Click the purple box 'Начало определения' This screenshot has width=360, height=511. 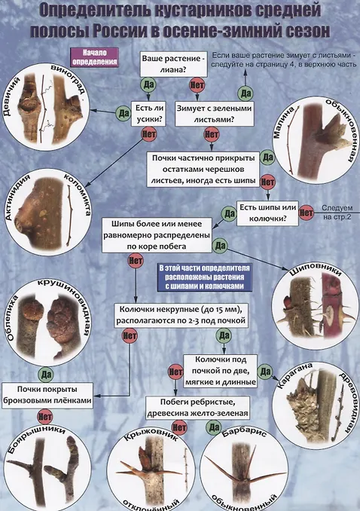click(x=94, y=57)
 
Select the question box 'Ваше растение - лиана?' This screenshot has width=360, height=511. click(x=174, y=64)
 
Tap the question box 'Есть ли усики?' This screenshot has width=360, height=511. click(x=149, y=114)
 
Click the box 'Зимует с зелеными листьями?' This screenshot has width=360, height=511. click(x=215, y=114)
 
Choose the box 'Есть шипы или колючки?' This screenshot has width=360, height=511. click(x=267, y=213)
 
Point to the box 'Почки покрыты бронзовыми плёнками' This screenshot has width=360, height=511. click(x=47, y=395)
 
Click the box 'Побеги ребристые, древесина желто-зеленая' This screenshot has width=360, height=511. click(x=198, y=407)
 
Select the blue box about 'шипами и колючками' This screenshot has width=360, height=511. click(x=204, y=277)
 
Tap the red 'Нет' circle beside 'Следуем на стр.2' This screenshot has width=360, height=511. click(x=307, y=213)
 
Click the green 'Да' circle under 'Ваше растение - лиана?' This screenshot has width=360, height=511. click(x=148, y=84)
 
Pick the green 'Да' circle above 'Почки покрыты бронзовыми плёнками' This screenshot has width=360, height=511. click(x=46, y=375)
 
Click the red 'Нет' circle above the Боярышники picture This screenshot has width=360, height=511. click(x=45, y=416)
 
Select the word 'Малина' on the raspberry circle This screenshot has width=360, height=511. click(x=282, y=122)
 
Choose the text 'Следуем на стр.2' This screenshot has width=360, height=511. click(x=337, y=212)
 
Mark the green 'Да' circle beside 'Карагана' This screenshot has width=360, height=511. click(x=265, y=372)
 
